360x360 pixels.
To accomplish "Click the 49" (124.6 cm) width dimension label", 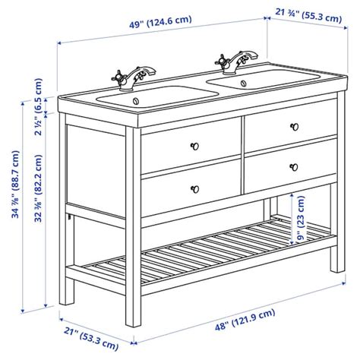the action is [160, 22].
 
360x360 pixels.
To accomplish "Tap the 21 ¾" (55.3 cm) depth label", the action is [308, 15].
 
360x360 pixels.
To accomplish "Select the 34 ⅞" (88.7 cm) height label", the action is [15, 185].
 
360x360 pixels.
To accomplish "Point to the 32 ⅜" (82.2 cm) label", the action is [38, 188].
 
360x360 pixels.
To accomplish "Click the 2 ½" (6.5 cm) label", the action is [38, 106].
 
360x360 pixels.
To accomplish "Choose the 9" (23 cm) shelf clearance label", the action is [301, 218].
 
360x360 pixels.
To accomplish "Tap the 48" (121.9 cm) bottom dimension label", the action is [245, 320].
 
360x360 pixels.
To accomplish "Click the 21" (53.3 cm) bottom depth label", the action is [91, 339].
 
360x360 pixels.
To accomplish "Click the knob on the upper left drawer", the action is [194, 146].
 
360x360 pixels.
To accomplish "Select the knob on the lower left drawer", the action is [194, 189].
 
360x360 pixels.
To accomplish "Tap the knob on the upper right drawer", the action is [295, 127].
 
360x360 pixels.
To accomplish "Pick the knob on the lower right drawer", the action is [294, 167].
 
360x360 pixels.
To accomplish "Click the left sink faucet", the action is [134, 78].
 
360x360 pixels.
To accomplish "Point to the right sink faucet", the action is [236, 62].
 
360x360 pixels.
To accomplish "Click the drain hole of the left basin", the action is [136, 101].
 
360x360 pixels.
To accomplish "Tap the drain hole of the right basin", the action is [244, 83].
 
